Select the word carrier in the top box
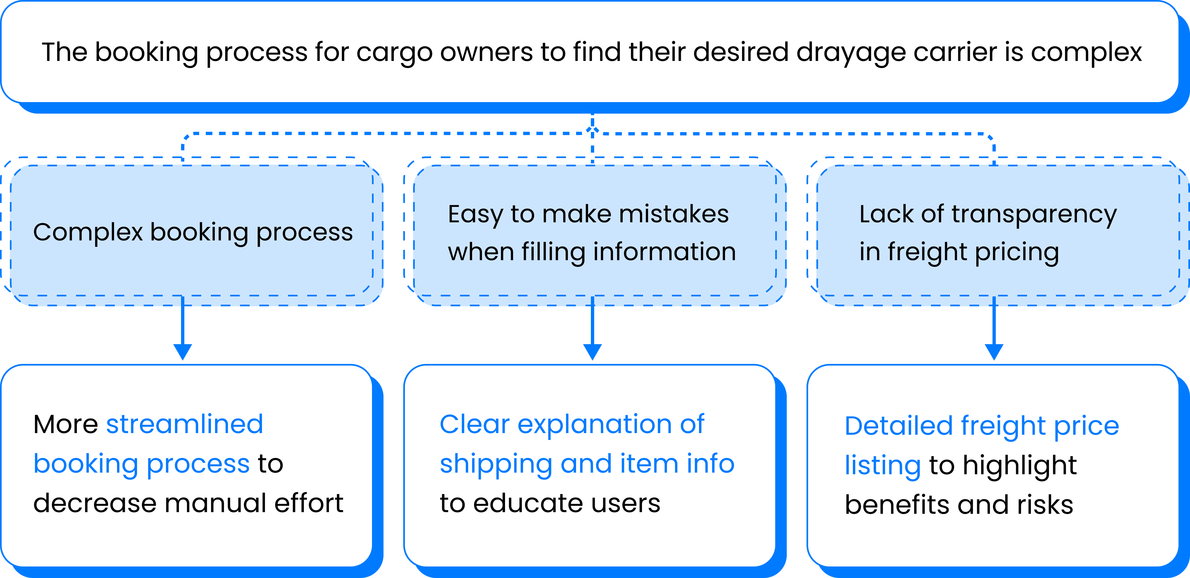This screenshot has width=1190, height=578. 954,52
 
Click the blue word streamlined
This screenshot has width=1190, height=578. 185,424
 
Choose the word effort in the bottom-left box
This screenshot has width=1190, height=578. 309,503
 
